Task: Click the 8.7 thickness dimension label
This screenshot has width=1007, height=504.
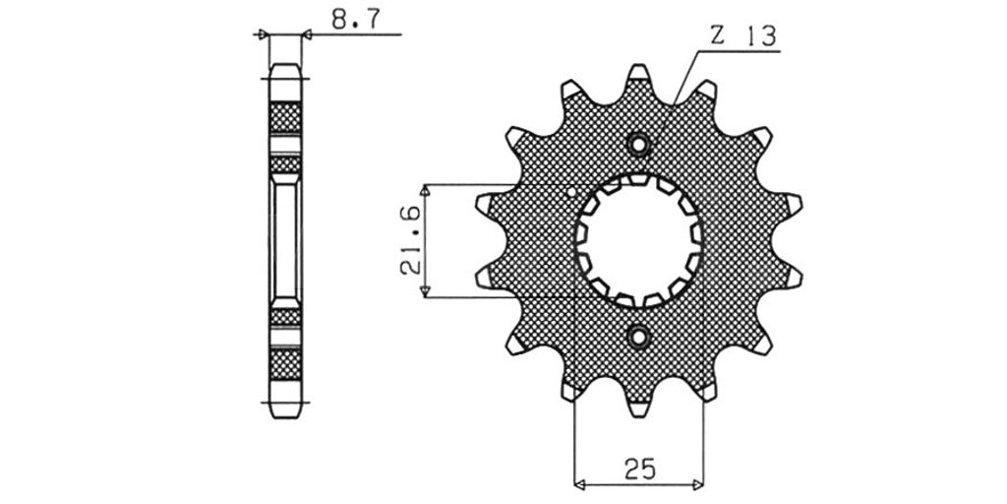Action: (x=356, y=20)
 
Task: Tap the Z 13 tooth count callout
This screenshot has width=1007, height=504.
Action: (x=743, y=36)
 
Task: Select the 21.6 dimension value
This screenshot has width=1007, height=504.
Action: (x=411, y=240)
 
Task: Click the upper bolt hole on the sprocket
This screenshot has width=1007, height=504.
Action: (x=639, y=145)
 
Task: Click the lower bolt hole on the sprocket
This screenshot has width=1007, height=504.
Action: (x=639, y=337)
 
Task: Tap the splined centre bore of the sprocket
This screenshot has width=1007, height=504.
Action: (x=639, y=240)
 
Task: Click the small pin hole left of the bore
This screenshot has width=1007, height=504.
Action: (x=571, y=192)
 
